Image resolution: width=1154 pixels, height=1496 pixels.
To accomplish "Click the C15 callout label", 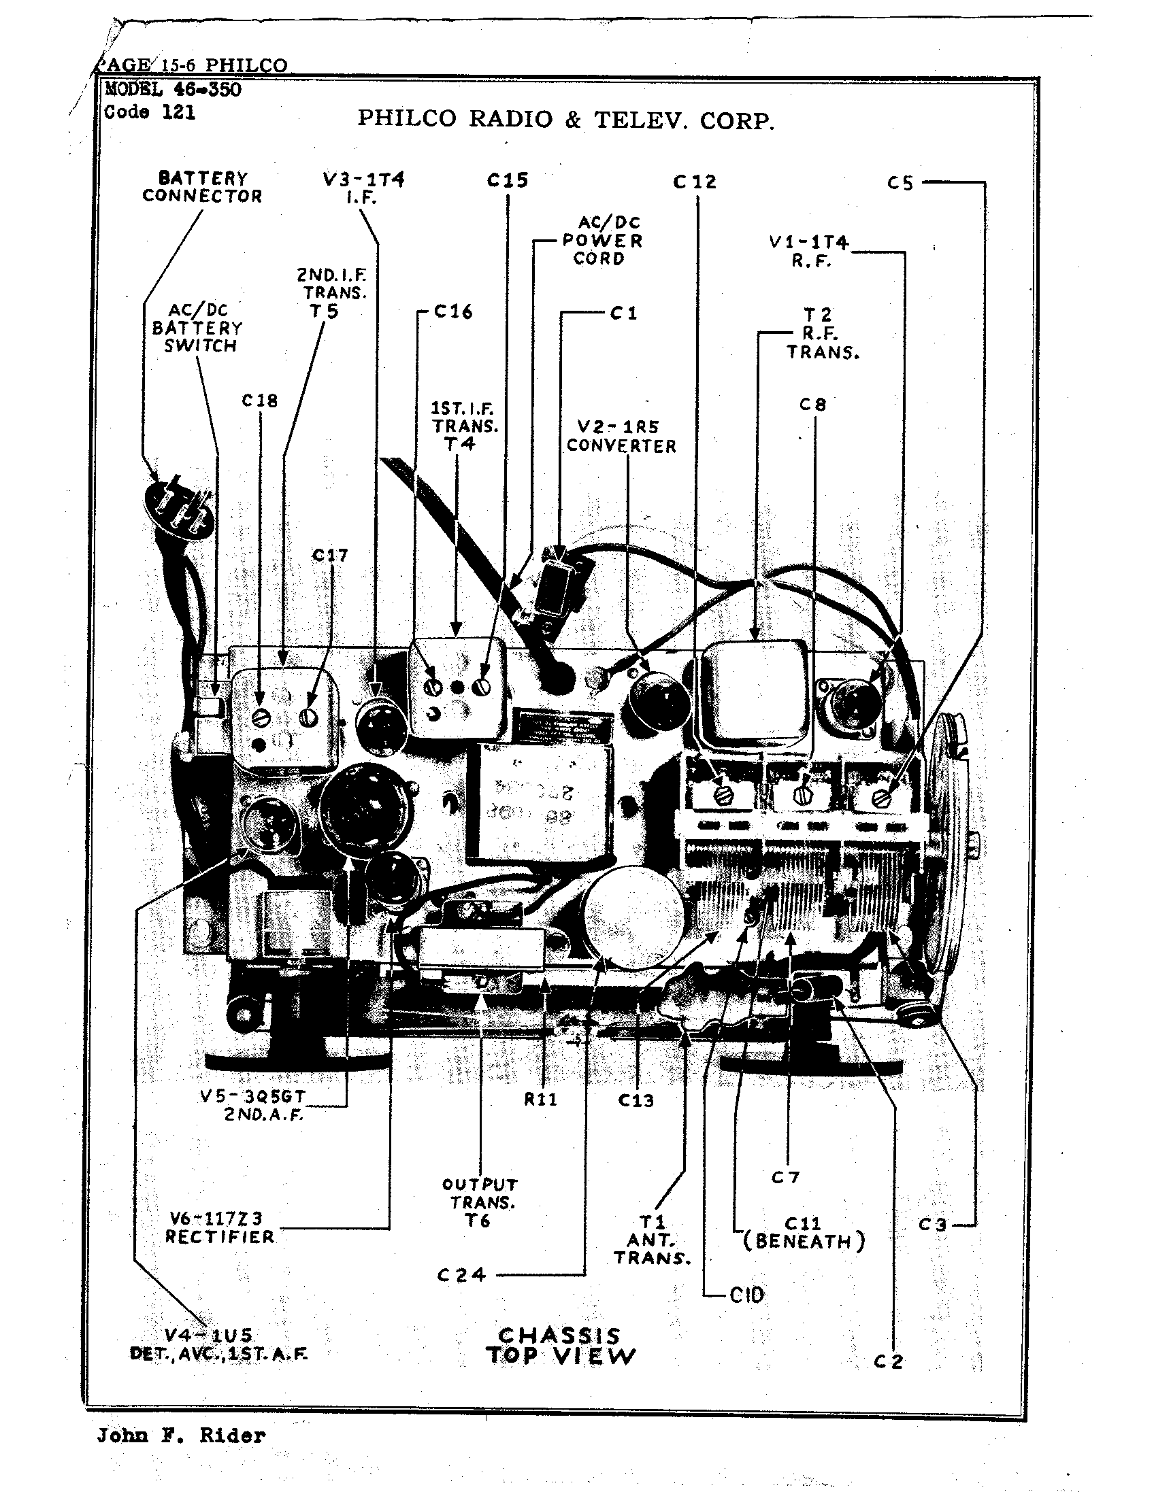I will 507,180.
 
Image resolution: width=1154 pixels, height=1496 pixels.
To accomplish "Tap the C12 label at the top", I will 695,182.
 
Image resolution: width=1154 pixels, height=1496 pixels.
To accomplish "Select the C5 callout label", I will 900,183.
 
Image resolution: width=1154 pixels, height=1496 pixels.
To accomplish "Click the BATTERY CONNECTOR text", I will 202,187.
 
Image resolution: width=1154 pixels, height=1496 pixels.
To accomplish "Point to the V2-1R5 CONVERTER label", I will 621,437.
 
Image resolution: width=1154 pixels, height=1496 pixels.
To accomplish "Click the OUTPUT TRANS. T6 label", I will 480,1202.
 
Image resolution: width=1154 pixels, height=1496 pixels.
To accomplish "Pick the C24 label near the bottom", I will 461,1275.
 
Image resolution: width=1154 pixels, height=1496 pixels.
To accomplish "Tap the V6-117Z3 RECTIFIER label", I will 219,1227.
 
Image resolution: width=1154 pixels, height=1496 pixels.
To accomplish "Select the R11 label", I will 541,1100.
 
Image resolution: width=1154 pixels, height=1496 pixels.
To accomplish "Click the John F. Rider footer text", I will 181,1435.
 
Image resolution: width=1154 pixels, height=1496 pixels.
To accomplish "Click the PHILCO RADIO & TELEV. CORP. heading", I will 566,120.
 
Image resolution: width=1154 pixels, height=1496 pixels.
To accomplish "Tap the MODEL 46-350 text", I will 173,89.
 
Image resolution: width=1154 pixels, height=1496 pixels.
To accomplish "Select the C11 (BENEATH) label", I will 804,1232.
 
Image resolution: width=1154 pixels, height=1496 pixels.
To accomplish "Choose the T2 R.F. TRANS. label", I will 822,334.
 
